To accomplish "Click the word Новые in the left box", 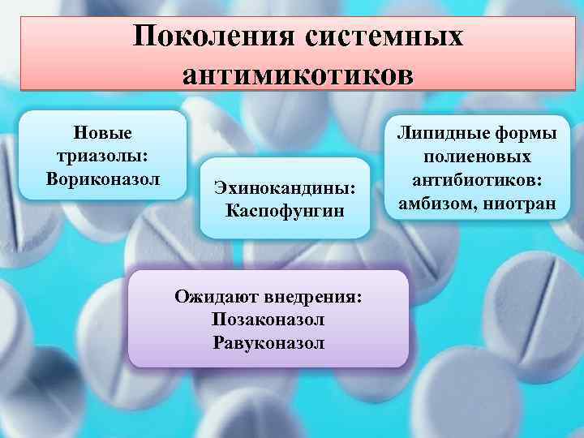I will coord(103,132).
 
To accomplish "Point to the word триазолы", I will coord(103,154).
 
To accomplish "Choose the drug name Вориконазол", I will coord(103,177).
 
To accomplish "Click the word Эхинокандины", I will coord(285,188).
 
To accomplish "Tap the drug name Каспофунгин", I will coord(285,211).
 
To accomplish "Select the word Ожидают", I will coord(213,296).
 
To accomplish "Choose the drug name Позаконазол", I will coord(268,320).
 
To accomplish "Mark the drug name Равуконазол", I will coord(268,342).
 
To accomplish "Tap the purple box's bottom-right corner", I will coord(408,367).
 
